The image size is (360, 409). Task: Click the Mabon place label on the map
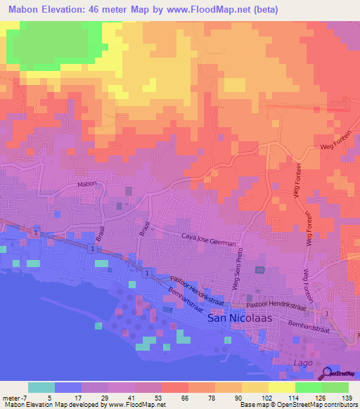[x=86, y=184]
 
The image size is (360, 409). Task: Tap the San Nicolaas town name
[x=236, y=318]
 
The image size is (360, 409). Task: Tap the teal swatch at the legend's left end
[x=41, y=387]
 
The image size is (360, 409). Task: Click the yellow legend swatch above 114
[x=281, y=387]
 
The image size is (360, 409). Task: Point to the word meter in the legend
[x=10, y=398]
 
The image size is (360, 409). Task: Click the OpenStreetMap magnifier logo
[x=328, y=373]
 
